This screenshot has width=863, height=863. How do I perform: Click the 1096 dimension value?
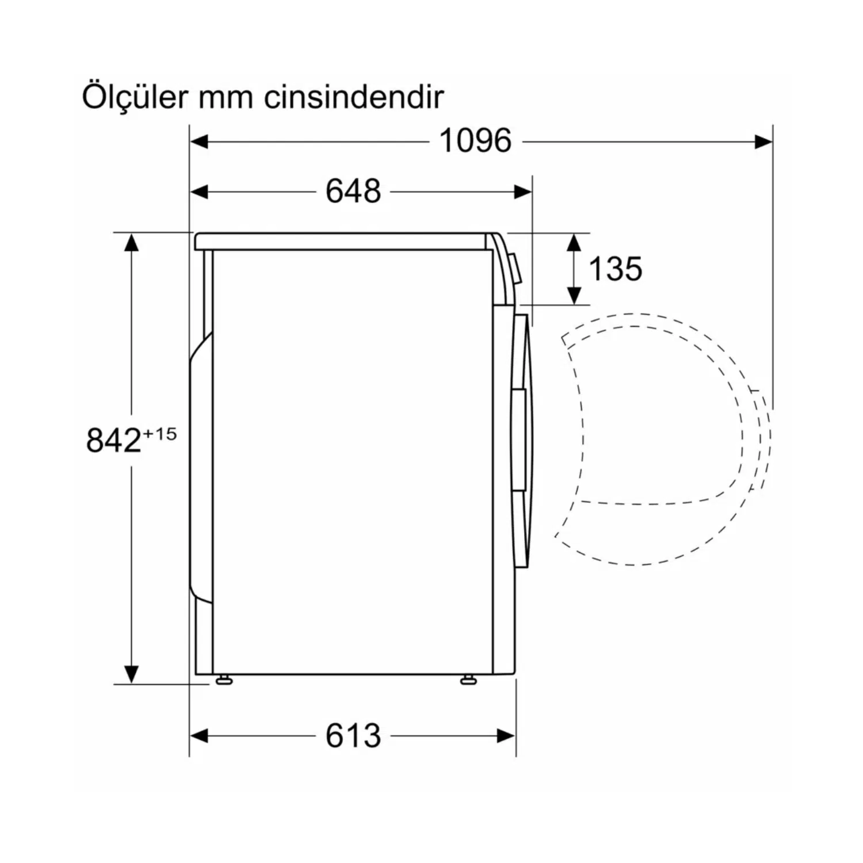tap(475, 140)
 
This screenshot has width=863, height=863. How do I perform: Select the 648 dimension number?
tap(353, 191)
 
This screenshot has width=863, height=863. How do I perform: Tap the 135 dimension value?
tap(615, 269)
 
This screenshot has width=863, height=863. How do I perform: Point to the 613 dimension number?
tap(353, 735)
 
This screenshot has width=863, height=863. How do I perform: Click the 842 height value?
tap(113, 440)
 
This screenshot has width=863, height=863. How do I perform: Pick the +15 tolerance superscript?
tap(159, 433)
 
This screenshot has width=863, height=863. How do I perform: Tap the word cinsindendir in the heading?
tap(354, 97)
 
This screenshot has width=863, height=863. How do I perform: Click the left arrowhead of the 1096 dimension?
tap(199, 141)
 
